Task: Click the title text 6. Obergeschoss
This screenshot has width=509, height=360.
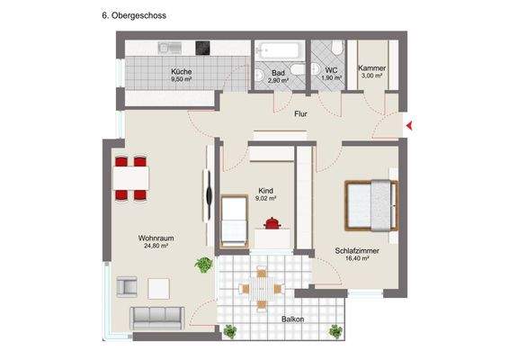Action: (x=134, y=16)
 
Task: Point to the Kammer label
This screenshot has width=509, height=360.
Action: (x=372, y=68)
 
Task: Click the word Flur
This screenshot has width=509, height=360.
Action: (x=301, y=114)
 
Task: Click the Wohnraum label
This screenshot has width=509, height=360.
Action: (x=156, y=238)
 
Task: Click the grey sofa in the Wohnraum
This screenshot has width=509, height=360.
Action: (x=157, y=316)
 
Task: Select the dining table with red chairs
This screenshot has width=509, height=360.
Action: (x=131, y=175)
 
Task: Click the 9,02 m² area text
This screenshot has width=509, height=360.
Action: (x=266, y=198)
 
